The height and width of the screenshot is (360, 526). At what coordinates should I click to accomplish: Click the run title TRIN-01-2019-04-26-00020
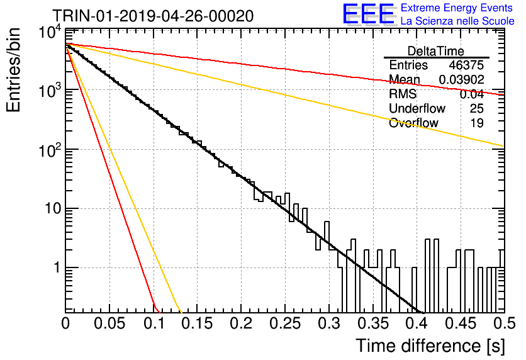[153, 16]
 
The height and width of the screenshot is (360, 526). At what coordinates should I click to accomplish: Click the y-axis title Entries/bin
[13, 70]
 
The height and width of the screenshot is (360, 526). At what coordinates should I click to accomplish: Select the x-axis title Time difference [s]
[430, 346]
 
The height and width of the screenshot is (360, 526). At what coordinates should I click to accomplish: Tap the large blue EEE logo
[368, 14]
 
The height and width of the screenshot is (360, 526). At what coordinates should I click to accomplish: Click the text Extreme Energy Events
[456, 8]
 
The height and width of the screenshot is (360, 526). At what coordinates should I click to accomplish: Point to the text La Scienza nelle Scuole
[457, 21]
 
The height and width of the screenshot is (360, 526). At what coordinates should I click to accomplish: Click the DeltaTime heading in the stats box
[436, 51]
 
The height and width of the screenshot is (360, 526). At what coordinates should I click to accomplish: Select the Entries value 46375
[466, 65]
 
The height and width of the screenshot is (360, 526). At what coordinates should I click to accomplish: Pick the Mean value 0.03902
[462, 79]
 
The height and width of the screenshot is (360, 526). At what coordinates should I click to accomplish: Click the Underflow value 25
[477, 108]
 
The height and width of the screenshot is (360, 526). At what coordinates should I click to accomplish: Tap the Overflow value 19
[477, 123]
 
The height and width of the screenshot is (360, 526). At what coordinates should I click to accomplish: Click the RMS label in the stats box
[403, 94]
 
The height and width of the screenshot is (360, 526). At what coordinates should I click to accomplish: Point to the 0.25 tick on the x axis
[285, 323]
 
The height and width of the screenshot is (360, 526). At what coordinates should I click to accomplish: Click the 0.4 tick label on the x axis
[417, 323]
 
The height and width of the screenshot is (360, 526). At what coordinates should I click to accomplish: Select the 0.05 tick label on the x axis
[109, 323]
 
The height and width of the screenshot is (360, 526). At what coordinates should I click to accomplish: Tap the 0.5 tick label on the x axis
[504, 323]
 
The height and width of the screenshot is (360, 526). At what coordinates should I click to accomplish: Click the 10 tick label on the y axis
[53, 209]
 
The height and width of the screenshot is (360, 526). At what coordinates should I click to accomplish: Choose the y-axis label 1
[57, 267]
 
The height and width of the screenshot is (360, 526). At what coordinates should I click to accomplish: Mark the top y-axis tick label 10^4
[50, 33]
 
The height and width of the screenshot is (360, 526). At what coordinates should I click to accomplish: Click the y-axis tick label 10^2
[50, 151]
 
